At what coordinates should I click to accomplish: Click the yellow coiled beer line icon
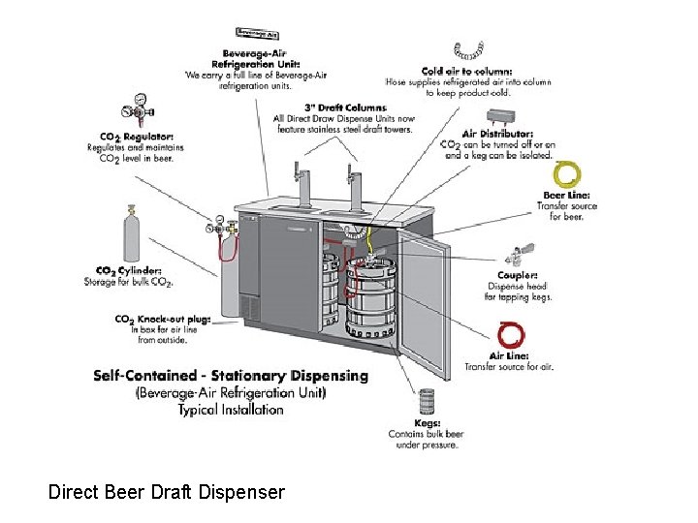click(x=566, y=173)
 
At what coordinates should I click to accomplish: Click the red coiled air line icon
click(x=511, y=335)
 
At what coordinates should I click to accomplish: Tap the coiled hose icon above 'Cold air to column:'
click(x=470, y=49)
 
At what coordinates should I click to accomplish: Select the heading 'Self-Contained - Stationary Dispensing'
click(x=231, y=376)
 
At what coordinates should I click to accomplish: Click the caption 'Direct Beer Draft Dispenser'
click(x=167, y=492)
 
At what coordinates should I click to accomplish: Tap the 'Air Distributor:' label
click(x=497, y=134)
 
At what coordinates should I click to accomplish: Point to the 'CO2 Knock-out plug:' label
click(x=163, y=319)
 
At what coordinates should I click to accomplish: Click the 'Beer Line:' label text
click(x=566, y=196)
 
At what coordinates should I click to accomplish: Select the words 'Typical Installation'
click(x=231, y=409)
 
